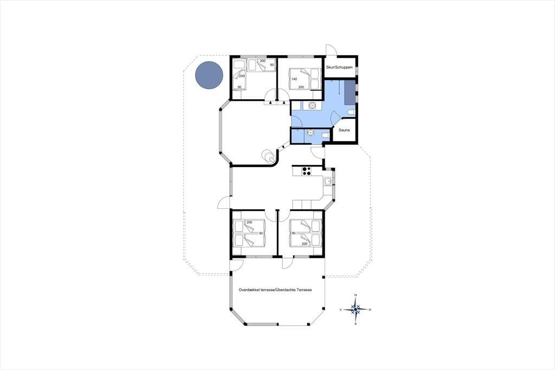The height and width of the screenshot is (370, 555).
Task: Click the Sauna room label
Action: pos(344,130)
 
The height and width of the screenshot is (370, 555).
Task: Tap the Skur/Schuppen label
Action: pos(339,67)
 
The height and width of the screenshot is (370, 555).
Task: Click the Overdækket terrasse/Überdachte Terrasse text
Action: pos(275,290)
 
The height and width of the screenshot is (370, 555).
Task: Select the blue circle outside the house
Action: pos(209,75)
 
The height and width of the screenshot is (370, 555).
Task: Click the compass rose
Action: pos(356,309)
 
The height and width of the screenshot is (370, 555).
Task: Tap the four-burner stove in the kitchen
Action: pos(306,171)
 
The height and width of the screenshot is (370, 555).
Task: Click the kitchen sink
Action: pos(328,181)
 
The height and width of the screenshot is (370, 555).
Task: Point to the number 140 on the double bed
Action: pos(294,79)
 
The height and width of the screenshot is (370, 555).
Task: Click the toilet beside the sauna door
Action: pos(351,112)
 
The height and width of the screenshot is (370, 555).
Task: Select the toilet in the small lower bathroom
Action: pos(325,136)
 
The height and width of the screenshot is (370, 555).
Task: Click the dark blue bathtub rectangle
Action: pos(350,92)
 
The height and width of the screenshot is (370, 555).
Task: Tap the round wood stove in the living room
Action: pos(267,155)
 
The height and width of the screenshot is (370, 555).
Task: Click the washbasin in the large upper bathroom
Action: pos(312,106)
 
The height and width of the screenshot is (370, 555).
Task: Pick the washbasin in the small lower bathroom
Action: pos(311,133)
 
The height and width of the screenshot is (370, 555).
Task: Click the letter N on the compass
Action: pos(356,295)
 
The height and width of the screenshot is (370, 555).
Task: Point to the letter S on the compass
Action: pos(356,324)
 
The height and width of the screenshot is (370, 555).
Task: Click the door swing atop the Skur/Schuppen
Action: pos(331,49)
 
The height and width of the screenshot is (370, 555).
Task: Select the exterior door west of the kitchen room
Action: pos(224,203)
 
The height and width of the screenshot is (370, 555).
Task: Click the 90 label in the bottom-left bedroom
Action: pos(261,233)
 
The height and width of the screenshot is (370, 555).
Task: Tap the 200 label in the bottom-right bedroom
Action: pos(304,244)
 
